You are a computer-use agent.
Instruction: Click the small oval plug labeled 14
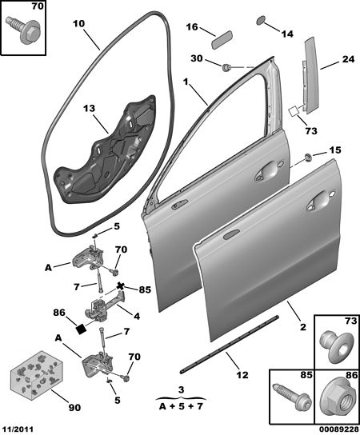261,21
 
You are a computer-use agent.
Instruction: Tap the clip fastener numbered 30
227,67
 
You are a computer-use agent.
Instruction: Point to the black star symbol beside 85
120,285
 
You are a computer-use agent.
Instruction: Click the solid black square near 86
82,329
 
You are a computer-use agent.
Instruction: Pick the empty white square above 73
294,111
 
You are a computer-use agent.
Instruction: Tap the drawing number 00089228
338,429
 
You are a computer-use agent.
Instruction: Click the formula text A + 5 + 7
181,407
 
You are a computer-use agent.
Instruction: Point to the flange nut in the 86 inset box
338,400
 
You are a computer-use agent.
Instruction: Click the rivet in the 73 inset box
337,348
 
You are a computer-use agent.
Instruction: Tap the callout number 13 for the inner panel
90,108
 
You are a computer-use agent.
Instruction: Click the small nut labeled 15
308,158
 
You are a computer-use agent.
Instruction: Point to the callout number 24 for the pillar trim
348,59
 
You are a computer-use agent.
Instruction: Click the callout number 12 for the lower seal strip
242,375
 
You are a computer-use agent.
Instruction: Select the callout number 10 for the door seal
79,23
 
